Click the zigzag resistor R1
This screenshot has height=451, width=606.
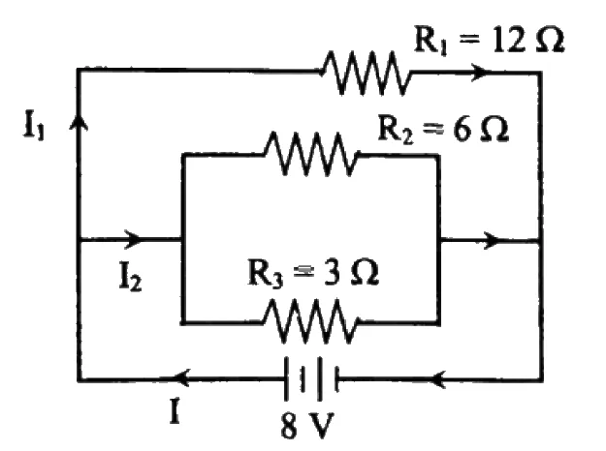(366, 73)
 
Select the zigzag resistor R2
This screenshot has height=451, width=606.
(311, 154)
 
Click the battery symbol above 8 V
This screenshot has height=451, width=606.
(311, 379)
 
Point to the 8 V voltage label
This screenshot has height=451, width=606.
(307, 426)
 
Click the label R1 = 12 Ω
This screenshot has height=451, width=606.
(489, 40)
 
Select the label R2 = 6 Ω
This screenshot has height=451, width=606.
(442, 129)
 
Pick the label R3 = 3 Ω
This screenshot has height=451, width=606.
(313, 273)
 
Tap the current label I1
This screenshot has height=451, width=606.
(34, 126)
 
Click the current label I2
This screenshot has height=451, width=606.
(130, 278)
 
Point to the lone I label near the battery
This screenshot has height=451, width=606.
(175, 411)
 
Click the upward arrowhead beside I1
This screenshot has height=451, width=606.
(79, 122)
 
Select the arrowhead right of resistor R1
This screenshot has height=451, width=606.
(480, 73)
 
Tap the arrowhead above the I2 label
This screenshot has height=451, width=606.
(133, 240)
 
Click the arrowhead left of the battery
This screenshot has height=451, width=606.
(181, 377)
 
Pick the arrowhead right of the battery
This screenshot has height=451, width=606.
(439, 378)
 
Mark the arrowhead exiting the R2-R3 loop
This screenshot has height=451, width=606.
(491, 240)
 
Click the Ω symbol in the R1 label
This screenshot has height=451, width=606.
(551, 40)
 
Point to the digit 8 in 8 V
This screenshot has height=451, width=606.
(289, 426)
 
